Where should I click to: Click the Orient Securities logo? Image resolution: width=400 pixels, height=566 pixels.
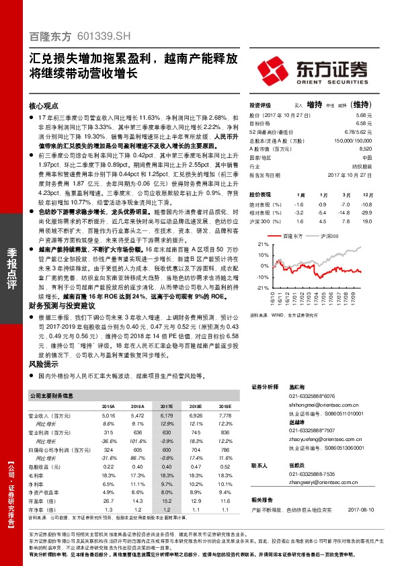click(x=313, y=70)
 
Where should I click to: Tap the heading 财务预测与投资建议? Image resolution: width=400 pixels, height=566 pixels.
click(x=63, y=305)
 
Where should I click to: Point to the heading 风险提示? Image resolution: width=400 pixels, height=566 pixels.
click(x=42, y=362)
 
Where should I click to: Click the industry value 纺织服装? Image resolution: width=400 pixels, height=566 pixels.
click(x=363, y=165)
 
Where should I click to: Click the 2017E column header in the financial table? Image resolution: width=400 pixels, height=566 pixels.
click(x=165, y=407)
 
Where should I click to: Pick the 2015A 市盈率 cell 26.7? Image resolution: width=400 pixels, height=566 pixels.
click(x=108, y=501)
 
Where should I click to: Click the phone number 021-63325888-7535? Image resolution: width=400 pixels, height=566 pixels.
click(x=317, y=475)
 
